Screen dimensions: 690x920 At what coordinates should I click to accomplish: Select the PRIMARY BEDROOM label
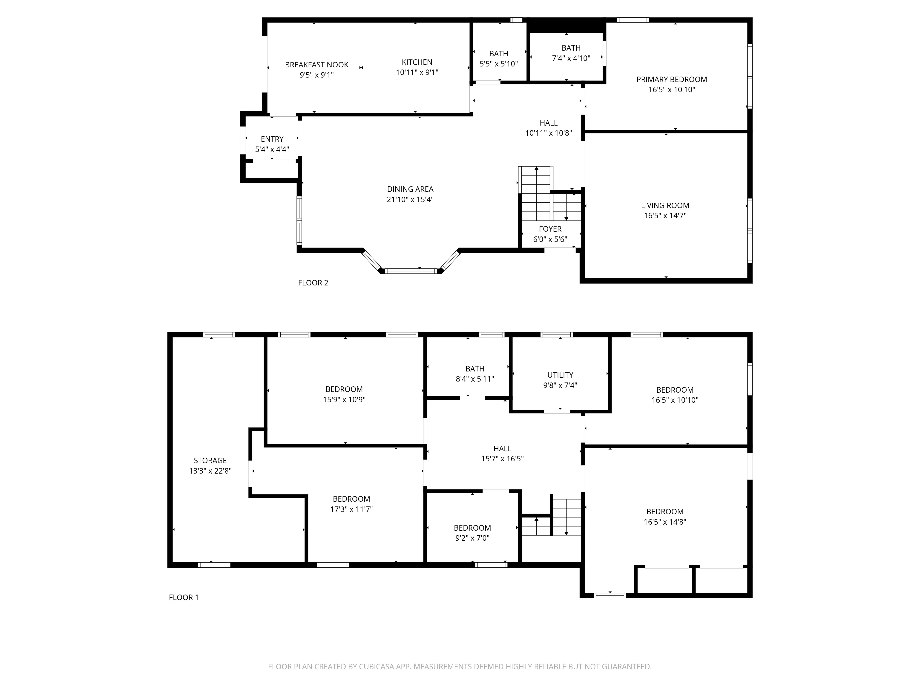[671, 79]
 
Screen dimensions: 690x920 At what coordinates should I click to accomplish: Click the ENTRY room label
[272, 139]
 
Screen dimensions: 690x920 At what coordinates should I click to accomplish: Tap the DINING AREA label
[410, 189]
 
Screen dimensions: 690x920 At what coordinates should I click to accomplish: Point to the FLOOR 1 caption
[183, 597]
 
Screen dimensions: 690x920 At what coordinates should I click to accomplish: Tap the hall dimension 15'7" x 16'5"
[502, 459]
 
